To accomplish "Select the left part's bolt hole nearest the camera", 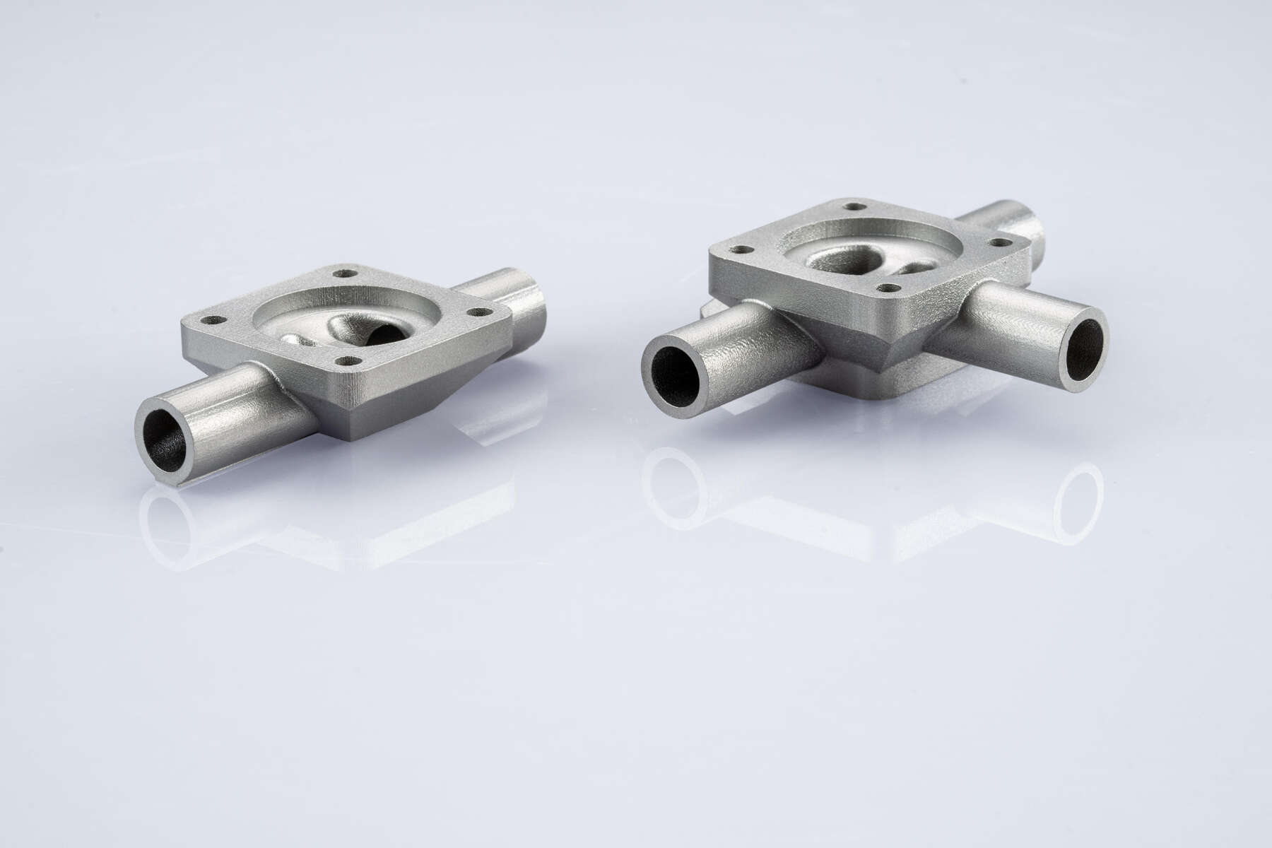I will coord(346,360).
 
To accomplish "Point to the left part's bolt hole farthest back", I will coord(346,271).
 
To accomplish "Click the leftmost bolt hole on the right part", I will coord(741,249).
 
